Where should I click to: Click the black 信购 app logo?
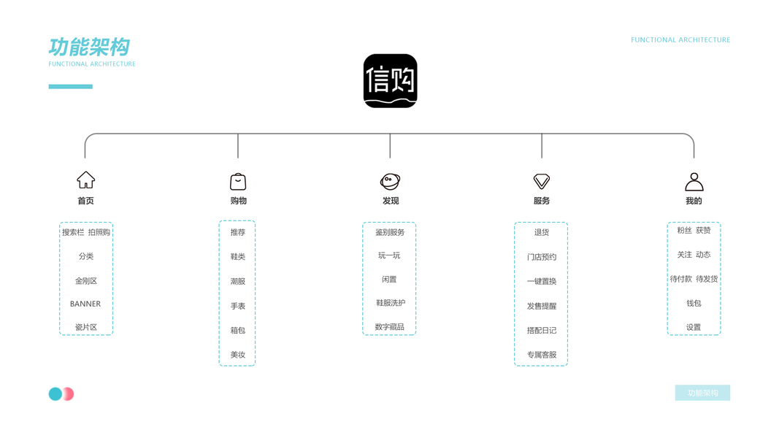pyautogui.click(x=390, y=81)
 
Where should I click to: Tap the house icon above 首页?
pyautogui.click(x=85, y=180)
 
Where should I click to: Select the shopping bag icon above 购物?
pyautogui.click(x=238, y=181)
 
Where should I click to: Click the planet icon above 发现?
pyautogui.click(x=390, y=181)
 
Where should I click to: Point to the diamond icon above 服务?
pyautogui.click(x=541, y=181)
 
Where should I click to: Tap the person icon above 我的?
pyautogui.click(x=694, y=181)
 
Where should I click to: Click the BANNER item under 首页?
pyautogui.click(x=85, y=304)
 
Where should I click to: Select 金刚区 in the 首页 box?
pyautogui.click(x=85, y=280)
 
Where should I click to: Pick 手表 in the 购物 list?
pyautogui.click(x=238, y=306)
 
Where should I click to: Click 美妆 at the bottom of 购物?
pyautogui.click(x=238, y=355)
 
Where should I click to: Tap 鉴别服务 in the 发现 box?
pyautogui.click(x=390, y=232)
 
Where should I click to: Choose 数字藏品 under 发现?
pyautogui.click(x=390, y=327)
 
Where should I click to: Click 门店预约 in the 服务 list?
pyautogui.click(x=541, y=257)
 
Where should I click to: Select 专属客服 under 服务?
pyautogui.click(x=541, y=355)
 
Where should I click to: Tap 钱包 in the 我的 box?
pyautogui.click(x=694, y=303)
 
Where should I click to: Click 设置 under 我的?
pyautogui.click(x=694, y=327)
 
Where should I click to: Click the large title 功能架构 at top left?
pyautogui.click(x=89, y=47)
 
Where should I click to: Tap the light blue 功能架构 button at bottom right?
pyautogui.click(x=702, y=393)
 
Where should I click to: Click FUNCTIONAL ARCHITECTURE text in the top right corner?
pyautogui.click(x=680, y=40)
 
